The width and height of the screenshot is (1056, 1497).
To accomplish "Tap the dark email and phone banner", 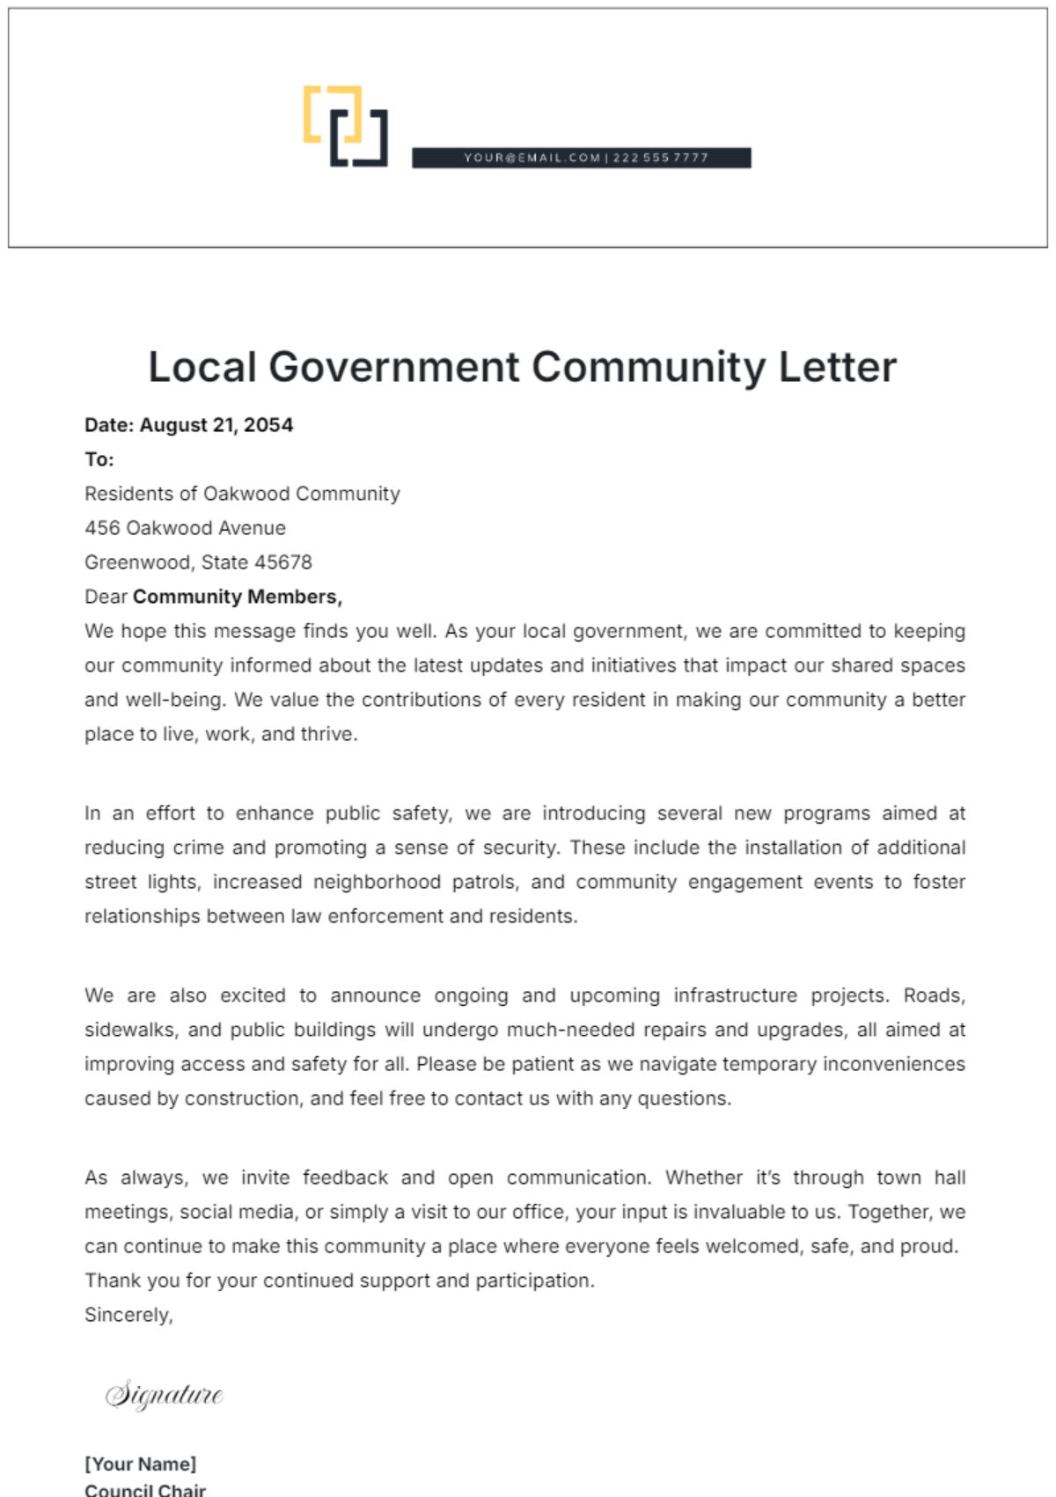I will click(582, 158).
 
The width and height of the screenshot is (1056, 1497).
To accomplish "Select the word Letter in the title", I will click(837, 367).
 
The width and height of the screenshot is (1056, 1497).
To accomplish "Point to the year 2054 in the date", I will click(268, 425).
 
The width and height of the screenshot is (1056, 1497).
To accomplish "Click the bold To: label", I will click(99, 459).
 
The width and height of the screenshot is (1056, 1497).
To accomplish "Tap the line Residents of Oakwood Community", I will click(242, 494).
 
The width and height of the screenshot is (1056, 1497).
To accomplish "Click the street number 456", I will click(102, 528).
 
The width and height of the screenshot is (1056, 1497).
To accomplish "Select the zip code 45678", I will click(282, 562).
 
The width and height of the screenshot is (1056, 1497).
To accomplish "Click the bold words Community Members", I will click(237, 597).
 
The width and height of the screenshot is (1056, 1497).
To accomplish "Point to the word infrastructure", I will click(735, 995).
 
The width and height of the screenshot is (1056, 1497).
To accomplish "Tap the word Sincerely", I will click(128, 1315).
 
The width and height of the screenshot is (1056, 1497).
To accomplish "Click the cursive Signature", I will click(165, 1395).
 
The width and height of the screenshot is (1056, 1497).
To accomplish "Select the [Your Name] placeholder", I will click(141, 1464).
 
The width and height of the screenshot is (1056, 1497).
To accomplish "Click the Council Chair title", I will click(145, 1489).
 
